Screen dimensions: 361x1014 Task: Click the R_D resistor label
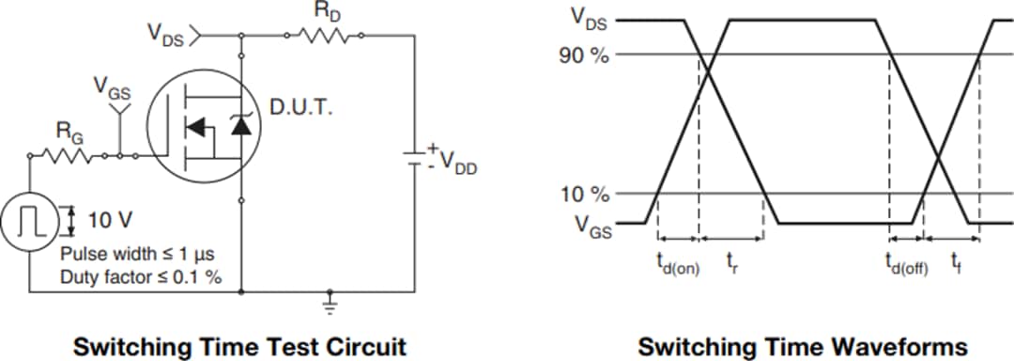click(322, 13)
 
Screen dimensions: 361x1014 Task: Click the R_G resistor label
click(70, 134)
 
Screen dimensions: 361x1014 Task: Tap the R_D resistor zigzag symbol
click(323, 37)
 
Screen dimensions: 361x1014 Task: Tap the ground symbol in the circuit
click(330, 303)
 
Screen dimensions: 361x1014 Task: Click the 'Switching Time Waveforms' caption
click(802, 346)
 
